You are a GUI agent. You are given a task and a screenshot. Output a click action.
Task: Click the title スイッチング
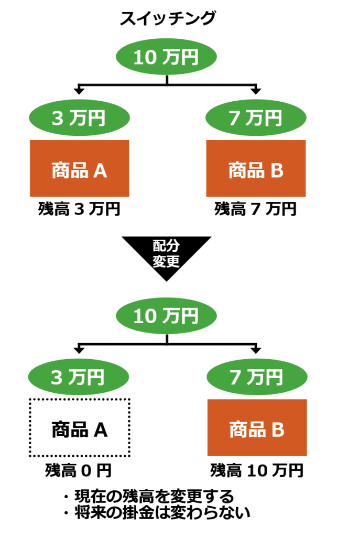pyautogui.click(x=167, y=19)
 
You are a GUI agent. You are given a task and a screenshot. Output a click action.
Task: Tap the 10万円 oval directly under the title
pyautogui.click(x=166, y=57)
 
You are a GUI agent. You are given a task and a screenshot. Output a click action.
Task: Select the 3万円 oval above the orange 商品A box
pyautogui.click(x=79, y=117)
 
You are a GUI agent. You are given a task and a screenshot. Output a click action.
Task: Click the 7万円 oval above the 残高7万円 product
pyautogui.click(x=256, y=117)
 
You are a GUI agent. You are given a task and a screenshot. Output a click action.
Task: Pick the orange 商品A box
pyautogui.click(x=80, y=169)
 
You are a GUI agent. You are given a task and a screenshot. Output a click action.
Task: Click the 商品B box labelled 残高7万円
pyautogui.click(x=256, y=169)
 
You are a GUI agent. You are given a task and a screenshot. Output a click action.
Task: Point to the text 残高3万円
pyautogui.click(x=80, y=209)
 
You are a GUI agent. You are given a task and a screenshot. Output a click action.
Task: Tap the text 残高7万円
pyautogui.click(x=256, y=209)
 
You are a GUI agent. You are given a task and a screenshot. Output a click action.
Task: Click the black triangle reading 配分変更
pyautogui.click(x=167, y=254)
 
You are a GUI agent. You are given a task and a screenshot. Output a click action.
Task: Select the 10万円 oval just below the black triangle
pyautogui.click(x=166, y=316)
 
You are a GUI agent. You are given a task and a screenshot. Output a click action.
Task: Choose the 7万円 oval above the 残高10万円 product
pyautogui.click(x=256, y=377)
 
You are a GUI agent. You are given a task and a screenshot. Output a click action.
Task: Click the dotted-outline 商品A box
pyautogui.click(x=80, y=428)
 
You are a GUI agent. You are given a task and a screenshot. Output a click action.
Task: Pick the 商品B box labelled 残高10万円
pyautogui.click(x=257, y=428)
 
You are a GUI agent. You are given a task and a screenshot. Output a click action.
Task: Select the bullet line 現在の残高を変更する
pyautogui.click(x=148, y=496)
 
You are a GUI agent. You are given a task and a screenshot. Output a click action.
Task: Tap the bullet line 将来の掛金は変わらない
pyautogui.click(x=156, y=512)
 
